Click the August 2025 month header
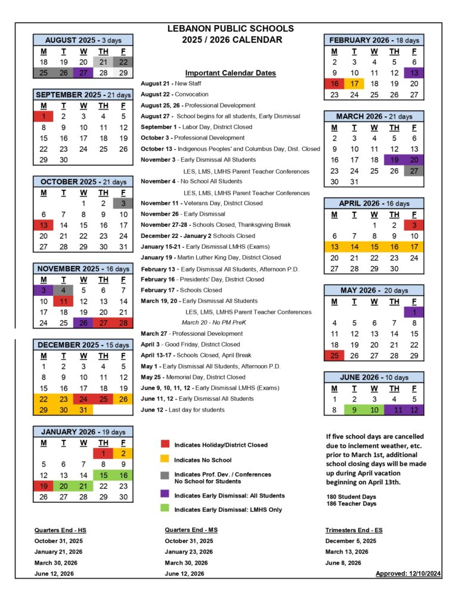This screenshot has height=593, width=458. pyautogui.click(x=83, y=40)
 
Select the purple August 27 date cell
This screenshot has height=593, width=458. pyautogui.click(x=83, y=73)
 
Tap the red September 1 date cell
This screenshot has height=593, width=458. pyautogui.click(x=44, y=116)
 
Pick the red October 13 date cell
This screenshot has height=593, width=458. pyautogui.click(x=44, y=225)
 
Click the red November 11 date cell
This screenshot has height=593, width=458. pyautogui.click(x=63, y=301)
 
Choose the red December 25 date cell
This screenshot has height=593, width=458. pyautogui.click(x=103, y=399)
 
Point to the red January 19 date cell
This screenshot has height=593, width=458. pyautogui.click(x=44, y=486)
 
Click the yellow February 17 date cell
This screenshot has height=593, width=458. pyautogui.click(x=354, y=84)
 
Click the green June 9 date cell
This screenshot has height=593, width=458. pyautogui.click(x=354, y=410)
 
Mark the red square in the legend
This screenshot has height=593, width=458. pyautogui.click(x=165, y=444)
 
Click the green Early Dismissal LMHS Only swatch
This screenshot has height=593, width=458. pyautogui.click(x=165, y=509)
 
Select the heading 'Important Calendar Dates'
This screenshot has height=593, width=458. pyautogui.click(x=230, y=73)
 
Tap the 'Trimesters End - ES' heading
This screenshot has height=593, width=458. pyautogui.click(x=351, y=530)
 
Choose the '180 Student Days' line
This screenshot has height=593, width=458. pyautogui.click(x=351, y=496)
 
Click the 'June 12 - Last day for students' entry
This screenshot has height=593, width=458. pyautogui.click(x=182, y=410)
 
